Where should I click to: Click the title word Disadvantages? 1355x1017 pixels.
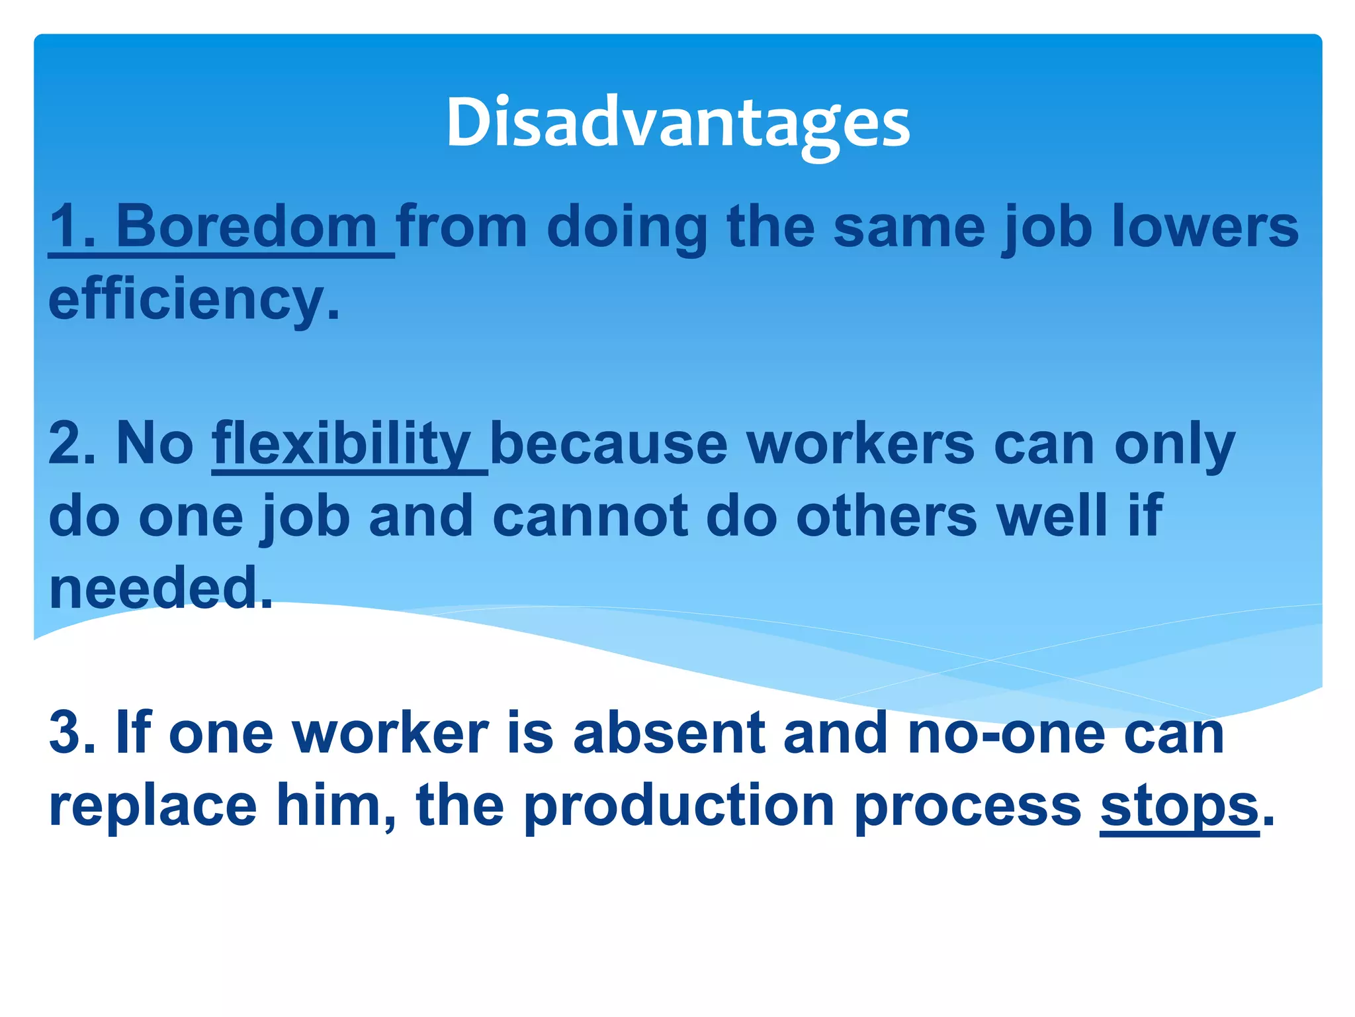678,124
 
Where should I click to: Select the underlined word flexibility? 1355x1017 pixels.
341,444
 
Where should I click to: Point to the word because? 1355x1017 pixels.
609,444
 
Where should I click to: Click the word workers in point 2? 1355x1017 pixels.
861,444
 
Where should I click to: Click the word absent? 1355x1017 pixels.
669,734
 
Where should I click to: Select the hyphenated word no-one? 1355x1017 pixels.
1006,734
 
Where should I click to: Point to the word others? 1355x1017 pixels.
887,516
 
